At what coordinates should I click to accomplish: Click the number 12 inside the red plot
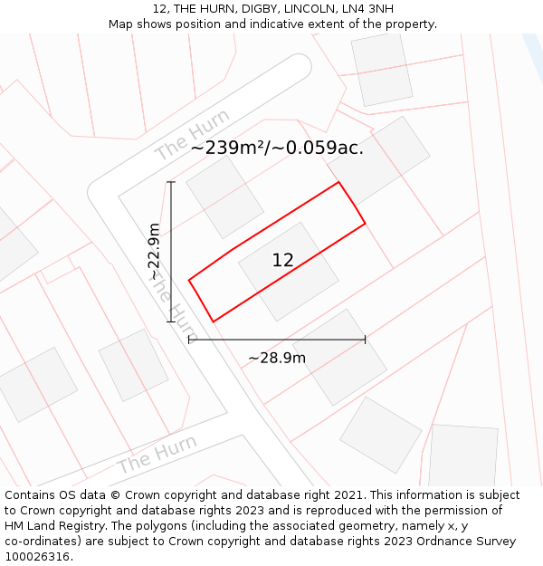(282, 261)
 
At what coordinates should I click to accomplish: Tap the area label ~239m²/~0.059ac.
(277, 148)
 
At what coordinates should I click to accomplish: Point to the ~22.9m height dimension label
(154, 251)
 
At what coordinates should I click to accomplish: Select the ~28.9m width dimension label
(277, 358)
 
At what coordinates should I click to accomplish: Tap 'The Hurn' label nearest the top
(192, 135)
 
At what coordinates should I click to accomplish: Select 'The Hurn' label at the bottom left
(157, 455)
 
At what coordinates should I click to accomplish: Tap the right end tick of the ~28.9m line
(365, 340)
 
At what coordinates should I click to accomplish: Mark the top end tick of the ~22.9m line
(170, 182)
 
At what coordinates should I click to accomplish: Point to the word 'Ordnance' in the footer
(452, 542)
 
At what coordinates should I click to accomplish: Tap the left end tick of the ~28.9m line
(188, 340)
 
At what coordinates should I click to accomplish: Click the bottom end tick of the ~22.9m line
(170, 321)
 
